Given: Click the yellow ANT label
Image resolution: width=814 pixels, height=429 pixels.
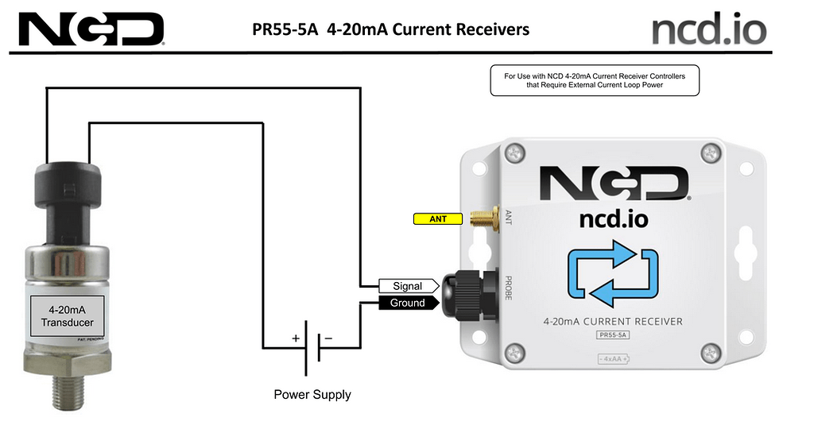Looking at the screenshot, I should click(x=438, y=218).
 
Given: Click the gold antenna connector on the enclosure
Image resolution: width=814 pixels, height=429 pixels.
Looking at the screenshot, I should click(x=481, y=218).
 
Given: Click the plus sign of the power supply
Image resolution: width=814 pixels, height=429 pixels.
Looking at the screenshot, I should click(x=296, y=338).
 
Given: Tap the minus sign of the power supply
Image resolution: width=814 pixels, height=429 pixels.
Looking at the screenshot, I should click(x=328, y=338).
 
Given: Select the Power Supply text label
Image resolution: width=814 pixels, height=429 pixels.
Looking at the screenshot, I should click(x=312, y=394).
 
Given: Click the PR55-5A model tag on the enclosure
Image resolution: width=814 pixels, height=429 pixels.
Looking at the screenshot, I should click(x=612, y=336).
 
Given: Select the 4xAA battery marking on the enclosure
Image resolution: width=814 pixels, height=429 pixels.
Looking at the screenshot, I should click(x=612, y=359).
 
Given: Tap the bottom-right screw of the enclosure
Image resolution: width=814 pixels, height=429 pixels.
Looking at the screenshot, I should click(x=710, y=352).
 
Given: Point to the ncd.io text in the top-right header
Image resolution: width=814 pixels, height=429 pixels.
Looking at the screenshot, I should click(x=709, y=30).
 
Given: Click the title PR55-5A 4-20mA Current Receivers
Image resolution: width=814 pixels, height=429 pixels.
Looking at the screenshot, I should click(x=390, y=30).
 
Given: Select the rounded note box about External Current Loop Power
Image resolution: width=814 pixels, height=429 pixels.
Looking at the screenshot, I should click(x=595, y=80).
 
